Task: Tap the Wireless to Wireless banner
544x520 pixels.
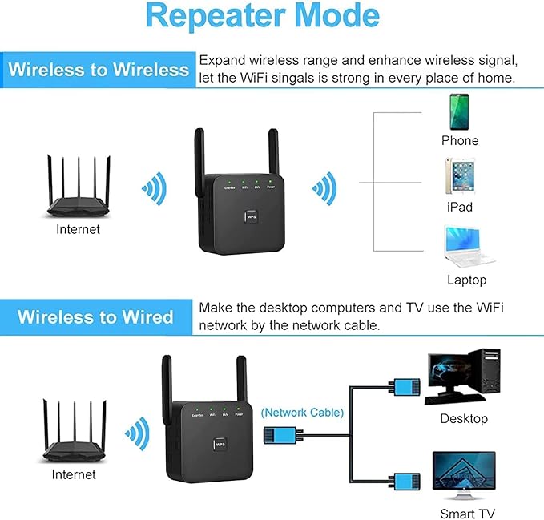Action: pyautogui.click(x=99, y=70)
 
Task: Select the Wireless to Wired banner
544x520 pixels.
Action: pyautogui.click(x=95, y=316)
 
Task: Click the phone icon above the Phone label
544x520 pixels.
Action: pyautogui.click(x=460, y=111)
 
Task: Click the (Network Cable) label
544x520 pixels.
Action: pyautogui.click(x=302, y=413)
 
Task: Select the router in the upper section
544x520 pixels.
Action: pyautogui.click(x=78, y=188)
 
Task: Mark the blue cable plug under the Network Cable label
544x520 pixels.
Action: pyautogui.click(x=280, y=436)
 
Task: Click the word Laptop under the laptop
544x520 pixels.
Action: pyautogui.click(x=466, y=280)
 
